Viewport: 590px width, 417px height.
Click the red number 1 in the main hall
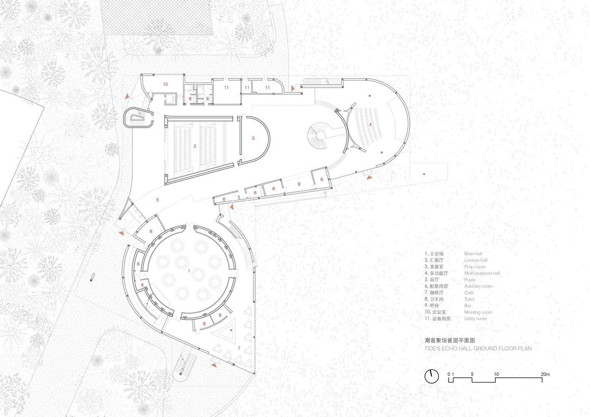[x=189, y=271]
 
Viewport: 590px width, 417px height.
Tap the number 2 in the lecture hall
[x=195, y=146]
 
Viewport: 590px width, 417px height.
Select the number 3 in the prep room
[x=253, y=138]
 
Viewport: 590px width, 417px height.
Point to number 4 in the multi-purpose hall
[x=370, y=124]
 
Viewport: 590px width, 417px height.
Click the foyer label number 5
[x=157, y=200]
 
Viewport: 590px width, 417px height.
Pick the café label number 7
[x=239, y=348]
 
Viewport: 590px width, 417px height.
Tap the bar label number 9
[x=299, y=184]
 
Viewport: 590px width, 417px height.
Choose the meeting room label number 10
[x=166, y=84]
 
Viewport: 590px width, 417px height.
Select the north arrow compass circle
[x=432, y=376]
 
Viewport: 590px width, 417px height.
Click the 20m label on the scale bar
[x=545, y=374]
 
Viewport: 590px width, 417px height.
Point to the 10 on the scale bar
[x=497, y=374]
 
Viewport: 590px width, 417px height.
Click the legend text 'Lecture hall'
[x=476, y=260]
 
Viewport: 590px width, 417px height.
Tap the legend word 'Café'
[x=469, y=293]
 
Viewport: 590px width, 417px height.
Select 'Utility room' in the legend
[x=475, y=319]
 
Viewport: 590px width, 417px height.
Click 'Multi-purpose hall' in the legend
[x=482, y=273]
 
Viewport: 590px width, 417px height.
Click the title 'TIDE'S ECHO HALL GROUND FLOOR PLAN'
[x=478, y=349]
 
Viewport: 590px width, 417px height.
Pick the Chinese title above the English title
[x=449, y=340]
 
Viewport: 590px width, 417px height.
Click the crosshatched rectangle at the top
[x=157, y=18]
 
